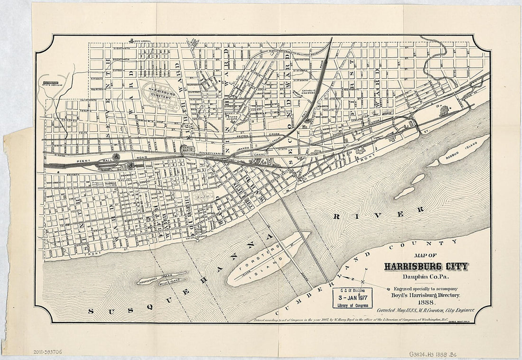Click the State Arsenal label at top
click(x=142, y=42)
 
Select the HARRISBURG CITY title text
click(x=426, y=267)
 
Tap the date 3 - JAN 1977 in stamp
click(x=352, y=297)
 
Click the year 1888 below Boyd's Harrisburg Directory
click(x=425, y=302)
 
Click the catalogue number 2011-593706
click(x=47, y=352)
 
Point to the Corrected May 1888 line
click(x=426, y=310)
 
